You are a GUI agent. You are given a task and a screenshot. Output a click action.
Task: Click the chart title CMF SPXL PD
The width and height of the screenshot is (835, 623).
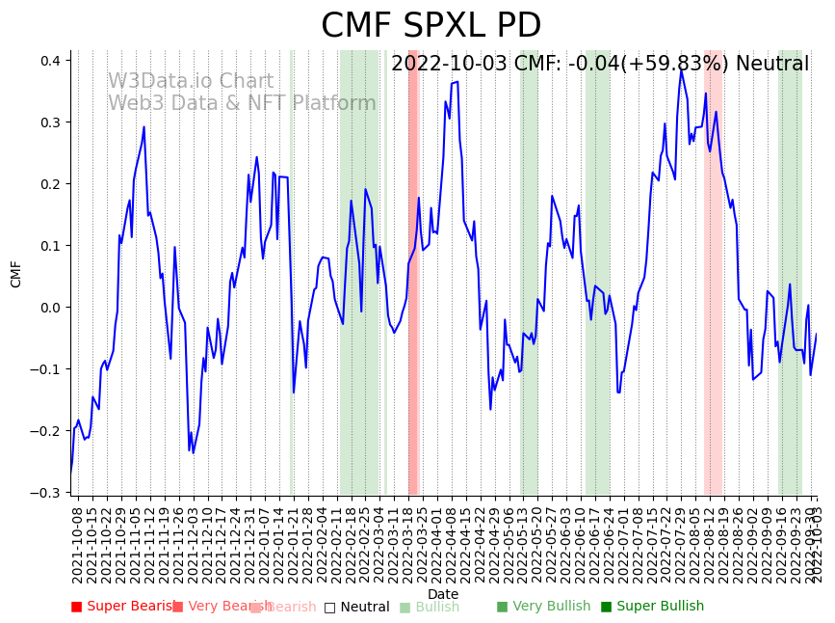431,26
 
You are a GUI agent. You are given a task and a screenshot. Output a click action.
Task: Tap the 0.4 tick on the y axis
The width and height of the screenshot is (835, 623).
49,61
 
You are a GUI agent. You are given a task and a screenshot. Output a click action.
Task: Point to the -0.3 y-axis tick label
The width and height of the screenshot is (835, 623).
46,493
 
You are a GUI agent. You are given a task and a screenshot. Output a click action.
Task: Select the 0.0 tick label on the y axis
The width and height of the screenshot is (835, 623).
49,308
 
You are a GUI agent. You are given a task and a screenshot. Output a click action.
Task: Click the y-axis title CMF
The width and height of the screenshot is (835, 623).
16,274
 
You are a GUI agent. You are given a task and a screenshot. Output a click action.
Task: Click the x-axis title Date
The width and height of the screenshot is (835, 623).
443,594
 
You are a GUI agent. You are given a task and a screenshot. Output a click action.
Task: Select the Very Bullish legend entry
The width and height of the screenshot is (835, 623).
543,607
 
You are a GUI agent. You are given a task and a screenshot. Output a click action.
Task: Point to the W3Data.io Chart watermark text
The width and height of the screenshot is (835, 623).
191,82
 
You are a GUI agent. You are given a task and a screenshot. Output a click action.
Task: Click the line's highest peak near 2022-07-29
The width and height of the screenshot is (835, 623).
681,69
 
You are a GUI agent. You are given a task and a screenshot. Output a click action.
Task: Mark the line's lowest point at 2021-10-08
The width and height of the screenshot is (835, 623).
70,473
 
